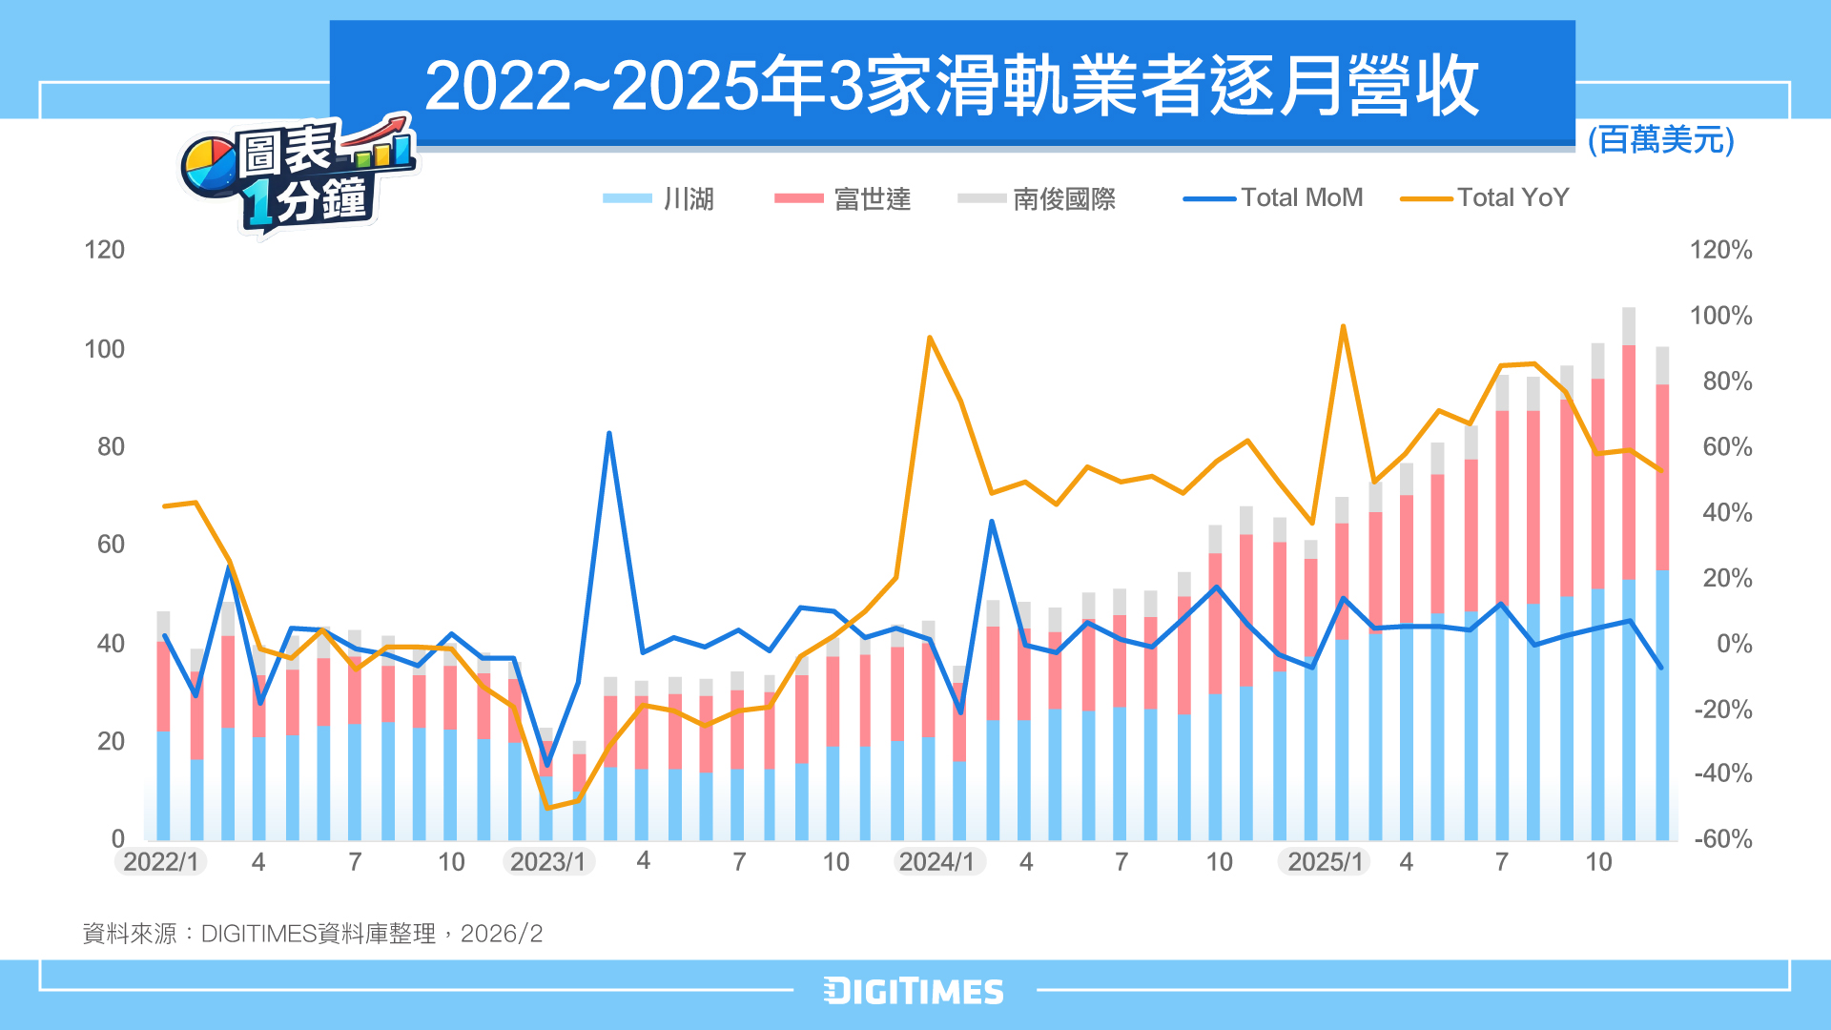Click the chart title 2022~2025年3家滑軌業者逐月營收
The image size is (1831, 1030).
tap(951, 86)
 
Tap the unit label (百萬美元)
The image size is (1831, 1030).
tap(1660, 140)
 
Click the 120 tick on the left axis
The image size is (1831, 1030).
tap(104, 250)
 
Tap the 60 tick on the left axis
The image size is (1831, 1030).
tap(111, 545)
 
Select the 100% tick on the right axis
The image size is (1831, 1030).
tap(1720, 316)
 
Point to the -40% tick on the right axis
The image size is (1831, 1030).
tap(1722, 773)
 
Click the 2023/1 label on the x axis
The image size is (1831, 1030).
tap(548, 862)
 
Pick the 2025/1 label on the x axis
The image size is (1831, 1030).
tap(1325, 862)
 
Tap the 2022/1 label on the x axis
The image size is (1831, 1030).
tap(161, 862)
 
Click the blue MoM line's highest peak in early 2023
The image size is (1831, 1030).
tap(608, 434)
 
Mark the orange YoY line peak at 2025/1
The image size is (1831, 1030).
tap(1343, 326)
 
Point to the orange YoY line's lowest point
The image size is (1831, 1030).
tap(547, 808)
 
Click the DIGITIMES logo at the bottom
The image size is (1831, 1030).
tap(914, 992)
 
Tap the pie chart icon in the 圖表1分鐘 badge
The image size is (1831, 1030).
tap(210, 166)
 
